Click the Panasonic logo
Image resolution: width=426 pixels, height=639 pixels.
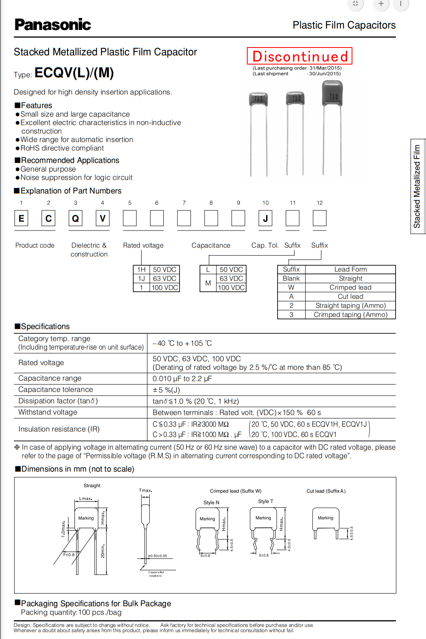point(53,25)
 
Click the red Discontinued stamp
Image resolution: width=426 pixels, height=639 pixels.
point(300,56)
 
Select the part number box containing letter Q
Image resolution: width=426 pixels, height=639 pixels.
point(75,218)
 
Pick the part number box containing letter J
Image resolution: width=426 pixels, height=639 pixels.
point(265,218)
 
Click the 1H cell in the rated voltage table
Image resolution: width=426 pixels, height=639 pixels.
point(142,269)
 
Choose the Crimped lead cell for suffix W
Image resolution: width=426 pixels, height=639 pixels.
point(350,287)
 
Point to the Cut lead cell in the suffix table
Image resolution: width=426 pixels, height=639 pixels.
point(350,296)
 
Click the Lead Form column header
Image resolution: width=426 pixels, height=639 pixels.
point(350,269)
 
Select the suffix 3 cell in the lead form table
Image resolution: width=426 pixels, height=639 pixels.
point(291,314)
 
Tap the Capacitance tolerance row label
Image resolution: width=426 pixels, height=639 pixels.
point(56,390)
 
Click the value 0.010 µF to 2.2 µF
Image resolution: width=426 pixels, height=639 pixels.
point(182,379)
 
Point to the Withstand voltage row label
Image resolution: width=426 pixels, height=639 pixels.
point(48,412)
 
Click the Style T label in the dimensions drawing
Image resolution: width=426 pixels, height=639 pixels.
point(266,501)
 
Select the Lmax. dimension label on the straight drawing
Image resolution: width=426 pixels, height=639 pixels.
point(86,499)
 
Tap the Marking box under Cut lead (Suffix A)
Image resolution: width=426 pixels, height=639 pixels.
point(325,518)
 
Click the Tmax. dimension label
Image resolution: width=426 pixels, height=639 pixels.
point(145,490)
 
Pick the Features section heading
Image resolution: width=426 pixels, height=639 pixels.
point(34,106)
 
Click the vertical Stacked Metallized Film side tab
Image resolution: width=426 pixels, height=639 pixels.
point(417,186)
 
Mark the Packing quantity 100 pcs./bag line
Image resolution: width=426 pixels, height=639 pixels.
point(71,612)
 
